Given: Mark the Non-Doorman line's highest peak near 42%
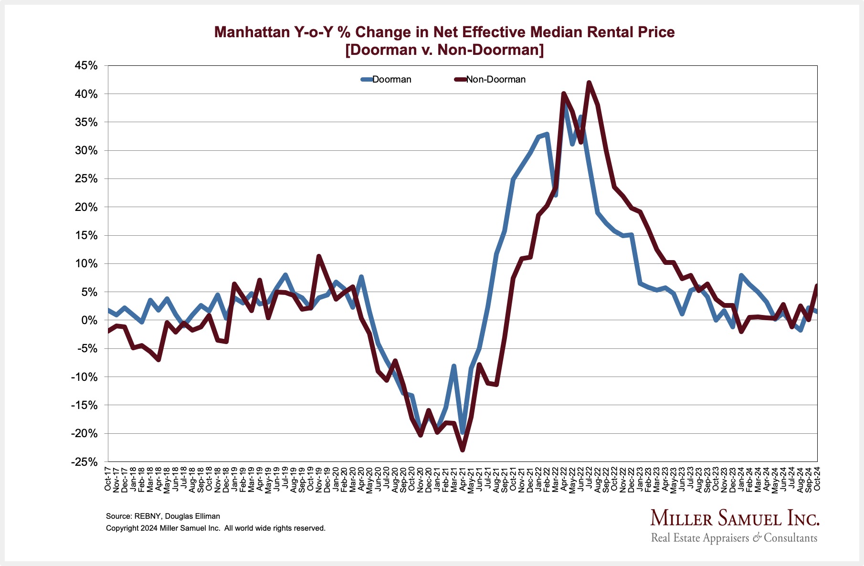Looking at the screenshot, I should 589,83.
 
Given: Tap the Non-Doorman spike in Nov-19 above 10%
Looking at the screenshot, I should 319,256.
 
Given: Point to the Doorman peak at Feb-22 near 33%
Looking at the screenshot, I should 547,134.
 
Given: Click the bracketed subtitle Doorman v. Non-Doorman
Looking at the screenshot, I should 444,50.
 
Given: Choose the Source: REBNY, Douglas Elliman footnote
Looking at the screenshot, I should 163,516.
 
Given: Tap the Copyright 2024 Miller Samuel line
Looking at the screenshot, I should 215,528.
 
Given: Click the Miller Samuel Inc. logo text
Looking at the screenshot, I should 735,518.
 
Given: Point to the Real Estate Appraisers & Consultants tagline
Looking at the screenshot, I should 734,538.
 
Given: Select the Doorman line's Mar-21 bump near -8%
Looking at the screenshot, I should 454,366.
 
